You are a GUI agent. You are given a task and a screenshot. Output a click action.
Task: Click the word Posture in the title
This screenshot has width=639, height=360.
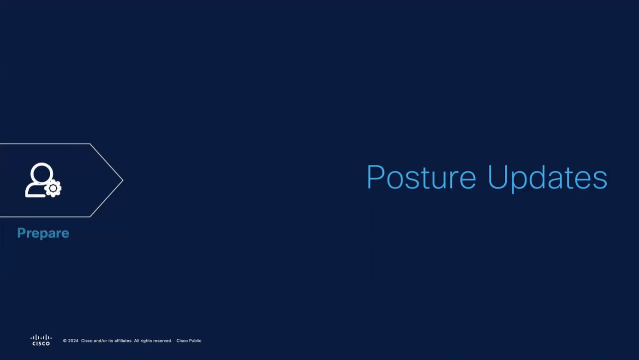click(x=421, y=177)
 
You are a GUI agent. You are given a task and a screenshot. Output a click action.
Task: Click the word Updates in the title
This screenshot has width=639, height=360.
click(x=548, y=178)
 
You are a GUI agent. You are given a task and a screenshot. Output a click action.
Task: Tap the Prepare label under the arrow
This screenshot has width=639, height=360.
click(x=43, y=234)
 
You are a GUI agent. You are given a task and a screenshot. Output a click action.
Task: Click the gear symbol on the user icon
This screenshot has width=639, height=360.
click(x=53, y=188)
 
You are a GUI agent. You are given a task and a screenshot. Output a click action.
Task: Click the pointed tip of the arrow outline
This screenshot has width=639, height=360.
click(x=123, y=180)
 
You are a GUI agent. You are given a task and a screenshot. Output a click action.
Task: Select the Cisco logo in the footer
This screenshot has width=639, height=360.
click(x=41, y=340)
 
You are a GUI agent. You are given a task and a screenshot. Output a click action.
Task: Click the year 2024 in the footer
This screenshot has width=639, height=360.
click(x=73, y=341)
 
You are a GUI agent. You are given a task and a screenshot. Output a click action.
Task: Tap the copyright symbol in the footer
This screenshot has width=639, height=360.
click(x=65, y=341)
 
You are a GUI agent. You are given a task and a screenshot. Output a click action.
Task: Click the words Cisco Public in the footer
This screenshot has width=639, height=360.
click(x=189, y=341)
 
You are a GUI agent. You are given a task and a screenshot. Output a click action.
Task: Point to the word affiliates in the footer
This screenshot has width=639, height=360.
click(x=123, y=341)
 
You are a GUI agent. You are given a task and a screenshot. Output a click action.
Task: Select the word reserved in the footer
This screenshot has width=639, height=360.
click(x=162, y=341)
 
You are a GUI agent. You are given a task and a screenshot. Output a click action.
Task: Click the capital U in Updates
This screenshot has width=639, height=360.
click(x=498, y=177)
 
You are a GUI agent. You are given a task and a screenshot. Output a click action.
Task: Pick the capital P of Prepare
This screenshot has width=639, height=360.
click(x=21, y=233)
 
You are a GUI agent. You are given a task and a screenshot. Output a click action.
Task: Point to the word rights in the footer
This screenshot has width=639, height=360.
click(x=146, y=341)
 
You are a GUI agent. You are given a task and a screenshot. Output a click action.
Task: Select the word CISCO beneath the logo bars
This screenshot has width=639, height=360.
click(x=41, y=343)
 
